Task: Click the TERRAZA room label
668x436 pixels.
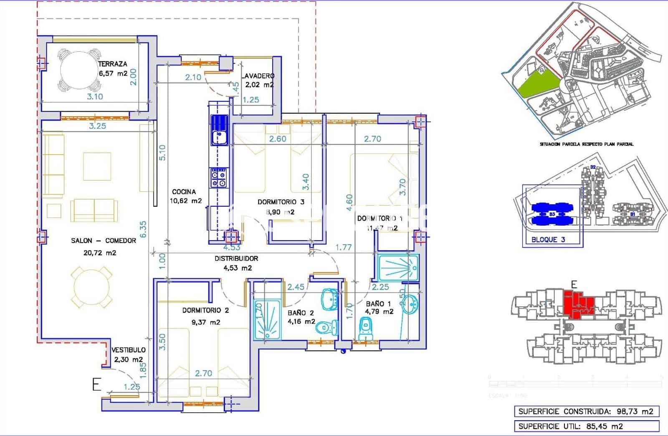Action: (113, 64)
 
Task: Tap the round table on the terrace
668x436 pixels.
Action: (79, 71)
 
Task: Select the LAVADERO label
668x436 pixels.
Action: (258, 76)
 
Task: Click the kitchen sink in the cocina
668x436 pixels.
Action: (218, 135)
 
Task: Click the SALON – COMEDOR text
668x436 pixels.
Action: (104, 241)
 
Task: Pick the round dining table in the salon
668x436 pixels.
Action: (92, 287)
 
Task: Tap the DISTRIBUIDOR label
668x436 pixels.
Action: (236, 258)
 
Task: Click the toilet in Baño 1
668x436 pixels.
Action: (365, 328)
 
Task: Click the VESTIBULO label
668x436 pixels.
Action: (129, 350)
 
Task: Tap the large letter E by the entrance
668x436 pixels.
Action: (96, 384)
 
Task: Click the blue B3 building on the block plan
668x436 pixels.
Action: (552, 214)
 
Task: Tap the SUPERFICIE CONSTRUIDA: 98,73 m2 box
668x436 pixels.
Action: (586, 411)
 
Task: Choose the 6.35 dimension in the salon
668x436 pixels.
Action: (143, 229)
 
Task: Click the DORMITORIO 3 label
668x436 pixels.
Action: (281, 202)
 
